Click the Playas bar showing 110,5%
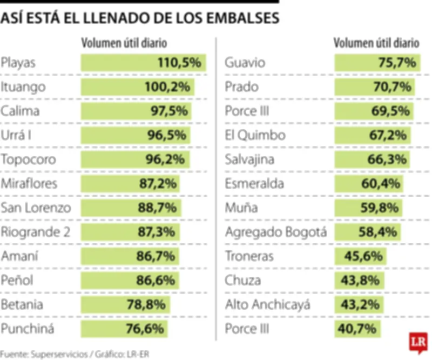click(x=143, y=63)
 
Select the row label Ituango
click(x=23, y=87)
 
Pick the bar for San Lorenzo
click(x=131, y=208)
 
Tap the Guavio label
click(x=245, y=63)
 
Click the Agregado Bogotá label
click(x=276, y=232)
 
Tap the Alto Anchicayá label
click(x=267, y=304)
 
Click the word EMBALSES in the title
click(x=242, y=18)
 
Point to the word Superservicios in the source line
click(x=60, y=354)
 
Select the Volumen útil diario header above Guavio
click(x=376, y=43)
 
